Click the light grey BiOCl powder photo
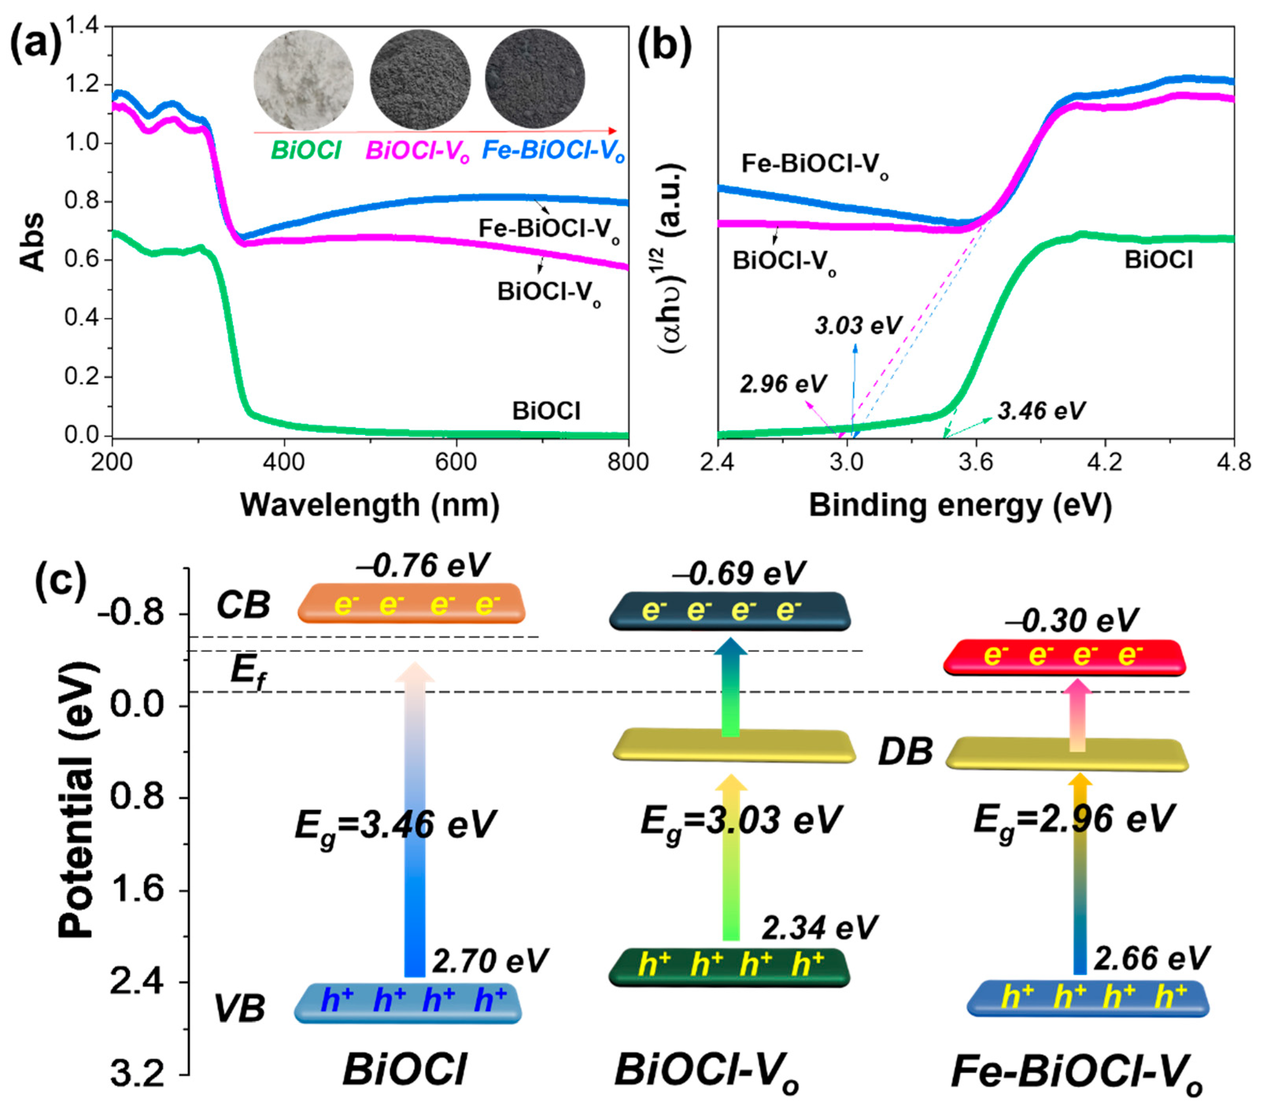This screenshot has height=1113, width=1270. (303, 80)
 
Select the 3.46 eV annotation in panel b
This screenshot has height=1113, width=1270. (1041, 411)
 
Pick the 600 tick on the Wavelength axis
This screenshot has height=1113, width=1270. (457, 462)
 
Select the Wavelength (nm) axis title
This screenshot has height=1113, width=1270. (370, 505)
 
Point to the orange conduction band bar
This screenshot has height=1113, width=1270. (411, 603)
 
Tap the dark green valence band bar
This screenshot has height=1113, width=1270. (729, 967)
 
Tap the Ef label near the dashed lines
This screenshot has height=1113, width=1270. (248, 672)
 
